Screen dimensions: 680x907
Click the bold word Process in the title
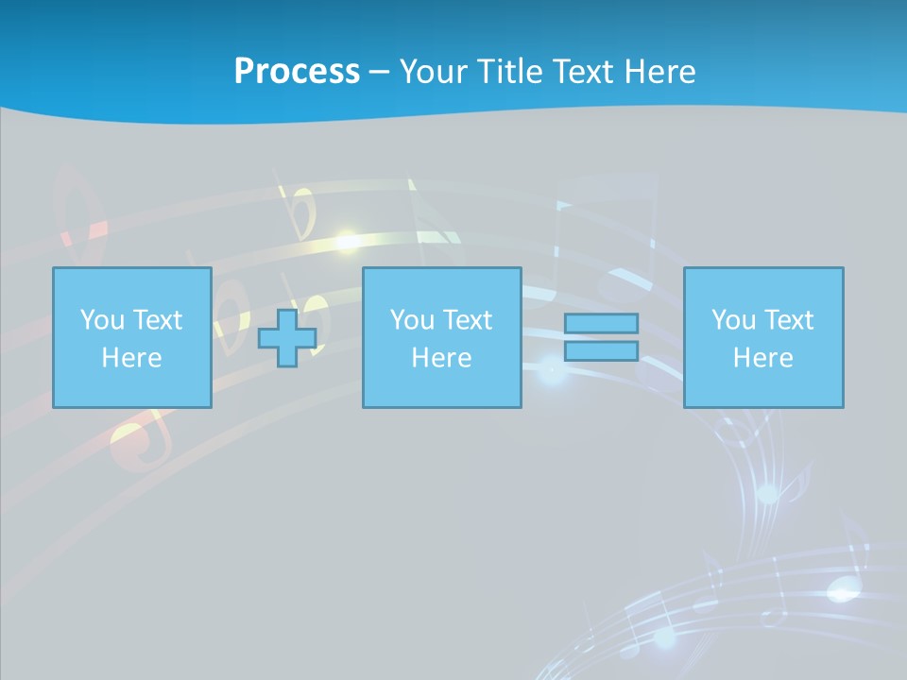pyautogui.click(x=297, y=72)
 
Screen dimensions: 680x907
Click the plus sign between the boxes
pyautogui.click(x=287, y=337)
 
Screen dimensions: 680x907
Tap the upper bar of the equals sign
pyautogui.click(x=601, y=323)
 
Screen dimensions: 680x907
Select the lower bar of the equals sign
pyautogui.click(x=601, y=350)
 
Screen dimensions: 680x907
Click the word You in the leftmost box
pyautogui.click(x=102, y=320)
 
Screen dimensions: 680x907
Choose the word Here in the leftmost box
pyautogui.click(x=131, y=358)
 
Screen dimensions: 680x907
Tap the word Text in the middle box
pyautogui.click(x=466, y=320)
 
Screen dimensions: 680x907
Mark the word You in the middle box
pyautogui.click(x=412, y=320)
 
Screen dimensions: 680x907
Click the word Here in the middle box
pyautogui.click(x=441, y=358)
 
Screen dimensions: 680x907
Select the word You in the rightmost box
pyautogui.click(x=733, y=320)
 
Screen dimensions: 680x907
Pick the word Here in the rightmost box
pyautogui.click(x=762, y=358)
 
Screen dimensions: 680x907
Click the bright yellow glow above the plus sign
pyautogui.click(x=347, y=239)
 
